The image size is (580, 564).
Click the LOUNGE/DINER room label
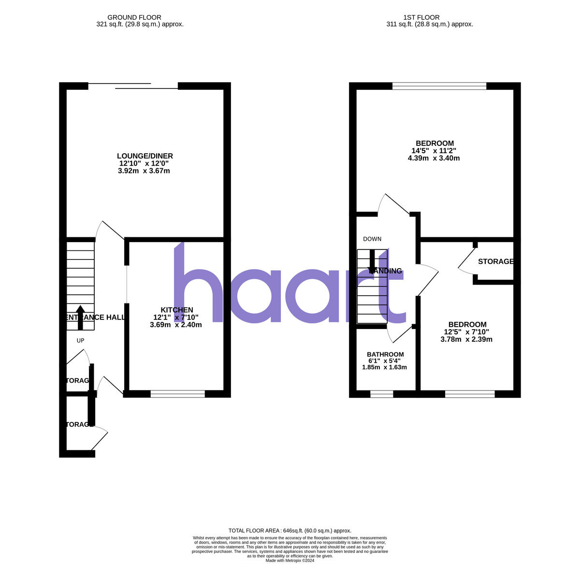point(145,156)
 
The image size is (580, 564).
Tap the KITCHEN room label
point(177,310)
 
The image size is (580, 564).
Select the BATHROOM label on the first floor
point(385,354)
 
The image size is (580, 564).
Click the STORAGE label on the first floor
point(495,261)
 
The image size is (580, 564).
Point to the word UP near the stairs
point(80,341)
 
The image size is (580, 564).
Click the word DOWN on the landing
point(372,239)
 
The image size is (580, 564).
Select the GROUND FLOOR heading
point(134,17)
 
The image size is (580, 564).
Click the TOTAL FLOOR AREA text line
point(290,531)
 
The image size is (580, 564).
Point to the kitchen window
point(177,394)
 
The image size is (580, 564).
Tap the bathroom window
point(381,394)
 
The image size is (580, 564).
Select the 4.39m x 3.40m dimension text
point(434,158)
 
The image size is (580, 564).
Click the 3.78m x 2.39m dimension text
point(466,339)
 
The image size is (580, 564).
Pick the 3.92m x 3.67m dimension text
point(144,171)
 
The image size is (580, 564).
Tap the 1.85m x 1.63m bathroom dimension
point(384,367)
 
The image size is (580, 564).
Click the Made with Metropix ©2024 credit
point(290,561)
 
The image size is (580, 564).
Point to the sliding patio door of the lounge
point(133,86)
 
